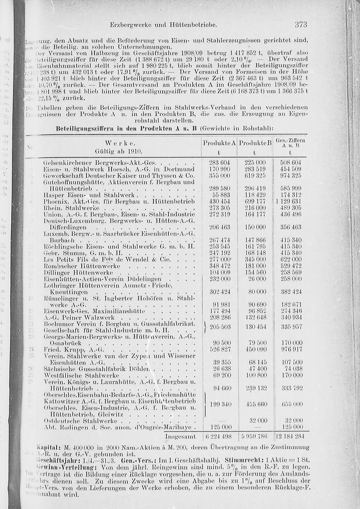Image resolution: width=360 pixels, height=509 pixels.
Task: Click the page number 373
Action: point(301,25)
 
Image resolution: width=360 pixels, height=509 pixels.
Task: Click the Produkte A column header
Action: point(219,143)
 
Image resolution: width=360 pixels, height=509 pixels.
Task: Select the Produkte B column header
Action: point(255,143)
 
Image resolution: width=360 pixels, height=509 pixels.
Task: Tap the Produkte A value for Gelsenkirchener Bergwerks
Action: point(220,163)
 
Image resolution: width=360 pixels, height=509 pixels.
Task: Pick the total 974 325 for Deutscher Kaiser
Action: point(291,175)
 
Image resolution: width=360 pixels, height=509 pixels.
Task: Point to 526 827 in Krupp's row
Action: point(220,349)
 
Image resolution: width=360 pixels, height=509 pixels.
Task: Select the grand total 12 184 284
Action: point(291,437)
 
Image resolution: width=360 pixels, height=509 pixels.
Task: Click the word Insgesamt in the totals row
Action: point(180,437)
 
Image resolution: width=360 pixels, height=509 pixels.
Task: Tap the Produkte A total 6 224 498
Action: point(220,437)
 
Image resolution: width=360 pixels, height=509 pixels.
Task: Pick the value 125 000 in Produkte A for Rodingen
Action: point(220,427)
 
